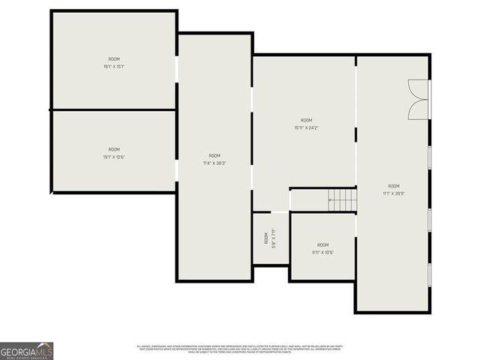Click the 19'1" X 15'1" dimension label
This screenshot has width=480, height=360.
(114, 67)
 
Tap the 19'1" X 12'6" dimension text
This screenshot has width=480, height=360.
(114, 157)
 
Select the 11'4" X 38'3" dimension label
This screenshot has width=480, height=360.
(214, 163)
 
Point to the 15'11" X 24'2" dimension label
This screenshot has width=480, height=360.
(306, 127)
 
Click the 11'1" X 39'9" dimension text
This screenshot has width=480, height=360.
(394, 193)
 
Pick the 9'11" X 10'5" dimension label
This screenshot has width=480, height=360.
(322, 252)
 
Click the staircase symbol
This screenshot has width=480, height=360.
(341, 200)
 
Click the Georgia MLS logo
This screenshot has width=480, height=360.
(26, 351)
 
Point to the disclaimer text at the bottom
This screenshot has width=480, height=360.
(238, 349)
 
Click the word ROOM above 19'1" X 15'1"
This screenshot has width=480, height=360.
(114, 59)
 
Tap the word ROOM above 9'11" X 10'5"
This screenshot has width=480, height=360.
(322, 244)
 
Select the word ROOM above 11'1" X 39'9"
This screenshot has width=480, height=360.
(394, 186)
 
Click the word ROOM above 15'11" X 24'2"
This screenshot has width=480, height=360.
(306, 120)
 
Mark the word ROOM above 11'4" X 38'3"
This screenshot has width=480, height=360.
(214, 155)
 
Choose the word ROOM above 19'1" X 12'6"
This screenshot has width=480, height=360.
(114, 149)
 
